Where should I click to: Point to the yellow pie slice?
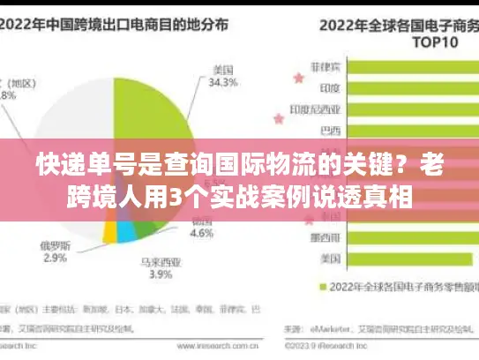click(x=109, y=230)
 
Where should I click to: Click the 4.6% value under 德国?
click(x=202, y=235)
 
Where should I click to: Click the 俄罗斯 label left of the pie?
click(x=56, y=244)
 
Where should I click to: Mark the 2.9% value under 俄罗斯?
click(x=54, y=259)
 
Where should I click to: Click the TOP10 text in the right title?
click(x=387, y=41)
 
